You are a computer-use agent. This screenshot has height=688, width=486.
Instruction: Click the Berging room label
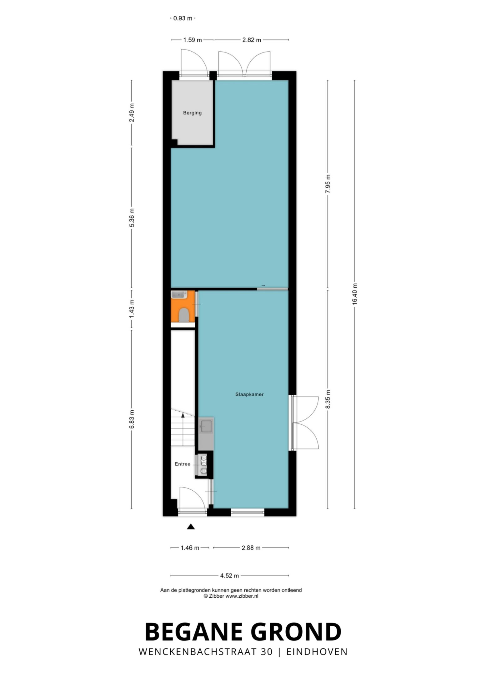[x=192, y=113]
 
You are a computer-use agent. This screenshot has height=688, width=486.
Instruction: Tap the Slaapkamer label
[x=249, y=394]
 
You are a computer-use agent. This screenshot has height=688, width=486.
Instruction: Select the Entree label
[x=183, y=464]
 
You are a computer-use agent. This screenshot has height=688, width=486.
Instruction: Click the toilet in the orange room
[x=183, y=315]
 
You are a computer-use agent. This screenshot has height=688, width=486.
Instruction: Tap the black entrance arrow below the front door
[x=191, y=527]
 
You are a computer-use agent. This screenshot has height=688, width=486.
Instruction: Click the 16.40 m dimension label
[x=354, y=294]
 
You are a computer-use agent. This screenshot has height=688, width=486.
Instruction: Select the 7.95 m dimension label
[x=328, y=184]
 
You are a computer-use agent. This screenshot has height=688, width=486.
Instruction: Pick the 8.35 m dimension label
[x=328, y=399]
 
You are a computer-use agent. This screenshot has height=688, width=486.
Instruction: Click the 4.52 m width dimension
[x=229, y=575]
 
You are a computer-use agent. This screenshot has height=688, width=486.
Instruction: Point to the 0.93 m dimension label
[x=183, y=18]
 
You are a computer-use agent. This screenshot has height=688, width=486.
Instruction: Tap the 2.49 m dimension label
[x=132, y=113]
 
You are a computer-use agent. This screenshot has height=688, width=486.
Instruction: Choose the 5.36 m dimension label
[x=132, y=218]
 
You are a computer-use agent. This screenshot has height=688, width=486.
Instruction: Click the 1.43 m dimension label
[x=132, y=309]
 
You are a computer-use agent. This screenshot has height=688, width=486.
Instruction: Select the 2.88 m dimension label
[x=251, y=548]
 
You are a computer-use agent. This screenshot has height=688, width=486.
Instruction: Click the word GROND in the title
[x=296, y=632]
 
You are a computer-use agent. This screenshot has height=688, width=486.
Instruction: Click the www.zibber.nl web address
[x=242, y=596]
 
